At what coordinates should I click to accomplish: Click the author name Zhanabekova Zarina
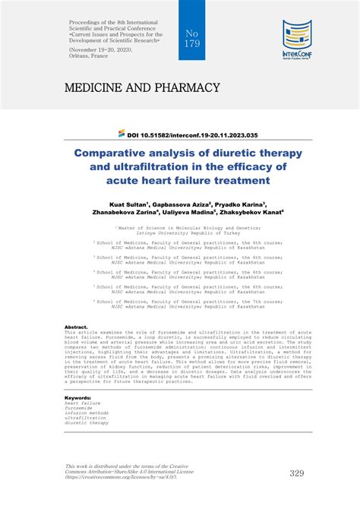122,213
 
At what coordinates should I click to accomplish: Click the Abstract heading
77,327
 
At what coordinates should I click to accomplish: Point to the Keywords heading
79,397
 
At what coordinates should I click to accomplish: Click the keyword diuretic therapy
86,422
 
